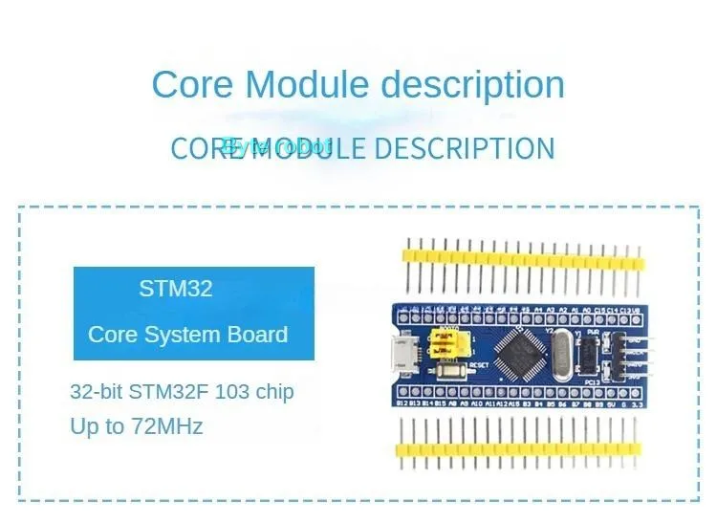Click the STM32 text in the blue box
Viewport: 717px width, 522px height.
[176, 289]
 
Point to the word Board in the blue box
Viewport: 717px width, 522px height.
[257, 335]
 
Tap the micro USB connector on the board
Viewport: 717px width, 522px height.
[406, 355]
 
